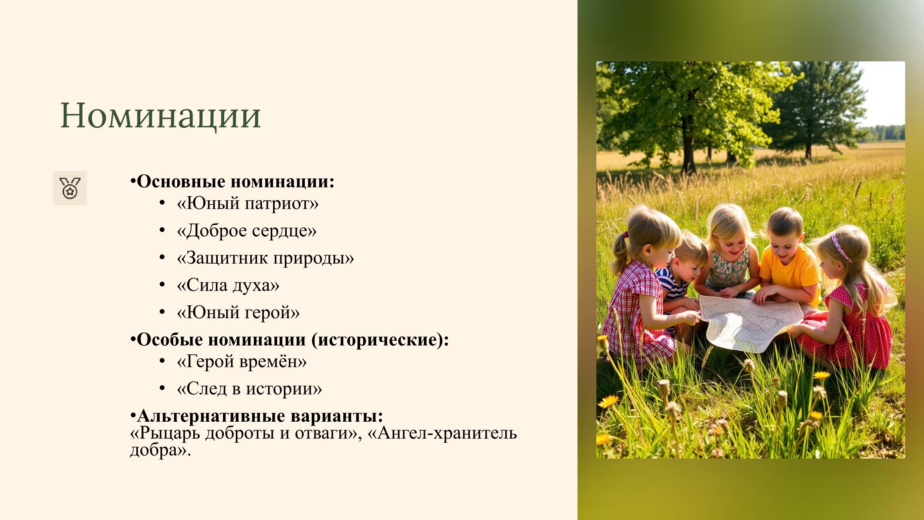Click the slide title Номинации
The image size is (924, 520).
pos(160,116)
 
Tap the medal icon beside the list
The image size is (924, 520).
pos(70,188)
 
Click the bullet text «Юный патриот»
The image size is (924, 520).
pos(248,203)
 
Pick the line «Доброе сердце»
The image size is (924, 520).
pos(247,231)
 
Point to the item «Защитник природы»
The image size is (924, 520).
pos(265,258)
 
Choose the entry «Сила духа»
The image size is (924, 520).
pos(228,285)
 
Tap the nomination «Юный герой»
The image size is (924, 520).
pos(238,313)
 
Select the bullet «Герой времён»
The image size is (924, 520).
pos(242,362)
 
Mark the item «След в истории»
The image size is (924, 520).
pos(249,389)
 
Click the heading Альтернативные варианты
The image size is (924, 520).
pos(260,416)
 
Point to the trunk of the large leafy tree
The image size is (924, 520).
pos(688,144)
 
